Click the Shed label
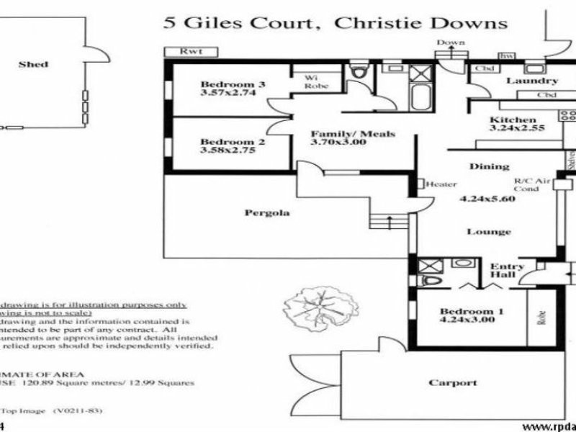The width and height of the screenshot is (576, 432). (x=34, y=65)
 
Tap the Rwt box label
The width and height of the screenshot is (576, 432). (x=190, y=52)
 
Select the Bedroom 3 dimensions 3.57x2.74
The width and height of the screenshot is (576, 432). (x=222, y=93)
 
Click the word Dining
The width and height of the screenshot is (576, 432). (x=490, y=166)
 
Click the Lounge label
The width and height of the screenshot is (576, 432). (x=490, y=231)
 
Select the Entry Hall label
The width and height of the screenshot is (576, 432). (x=507, y=271)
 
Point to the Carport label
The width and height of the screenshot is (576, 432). (x=453, y=382)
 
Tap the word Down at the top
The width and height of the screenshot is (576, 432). (x=451, y=42)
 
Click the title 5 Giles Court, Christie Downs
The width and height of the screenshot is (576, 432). (x=336, y=22)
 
